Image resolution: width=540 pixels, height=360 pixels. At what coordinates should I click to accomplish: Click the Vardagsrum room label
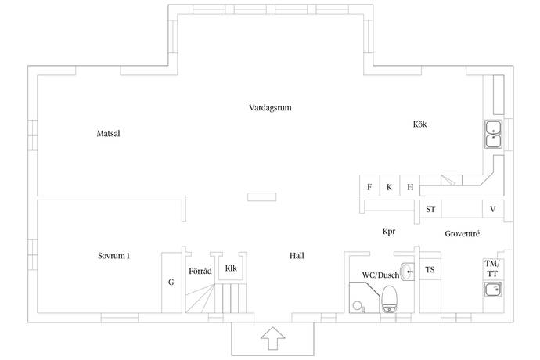[270, 107]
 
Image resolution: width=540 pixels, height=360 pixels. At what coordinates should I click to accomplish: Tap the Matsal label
[108, 133]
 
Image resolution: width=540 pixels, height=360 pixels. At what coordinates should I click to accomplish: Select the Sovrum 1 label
[113, 256]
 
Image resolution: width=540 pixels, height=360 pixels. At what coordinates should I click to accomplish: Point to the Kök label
[419, 124]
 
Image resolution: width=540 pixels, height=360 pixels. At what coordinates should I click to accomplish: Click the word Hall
[297, 256]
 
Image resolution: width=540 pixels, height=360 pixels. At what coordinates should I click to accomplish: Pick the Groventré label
[463, 233]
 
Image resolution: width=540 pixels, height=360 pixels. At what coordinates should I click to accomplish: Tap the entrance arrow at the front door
[273, 338]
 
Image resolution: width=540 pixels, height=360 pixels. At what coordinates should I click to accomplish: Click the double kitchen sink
[494, 135]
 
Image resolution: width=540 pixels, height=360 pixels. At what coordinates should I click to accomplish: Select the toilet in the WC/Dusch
[390, 299]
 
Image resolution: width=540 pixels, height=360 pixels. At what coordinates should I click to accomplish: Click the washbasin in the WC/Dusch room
[408, 272]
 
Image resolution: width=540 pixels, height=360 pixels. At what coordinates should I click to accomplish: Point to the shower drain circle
[357, 305]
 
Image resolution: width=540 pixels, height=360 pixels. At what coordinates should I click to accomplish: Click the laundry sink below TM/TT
[493, 290]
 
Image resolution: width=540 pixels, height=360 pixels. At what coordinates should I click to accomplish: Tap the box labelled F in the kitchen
[369, 185]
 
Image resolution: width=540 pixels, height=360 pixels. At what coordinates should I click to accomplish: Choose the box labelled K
[390, 185]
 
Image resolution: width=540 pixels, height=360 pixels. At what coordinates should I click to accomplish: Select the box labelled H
[410, 185]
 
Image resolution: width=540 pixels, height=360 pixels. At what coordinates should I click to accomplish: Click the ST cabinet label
[430, 209]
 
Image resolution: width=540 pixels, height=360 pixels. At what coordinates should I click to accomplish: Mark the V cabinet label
[493, 209]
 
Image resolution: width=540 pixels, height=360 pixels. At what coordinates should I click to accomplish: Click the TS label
[430, 270]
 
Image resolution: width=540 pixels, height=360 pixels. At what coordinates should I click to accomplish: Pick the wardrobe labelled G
[171, 283]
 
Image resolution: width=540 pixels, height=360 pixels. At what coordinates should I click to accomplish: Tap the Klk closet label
[231, 268]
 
